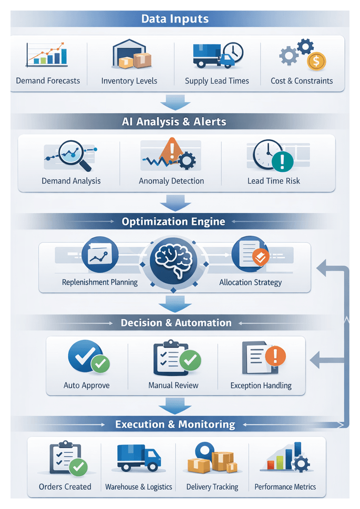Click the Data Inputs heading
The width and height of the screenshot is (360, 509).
click(x=175, y=19)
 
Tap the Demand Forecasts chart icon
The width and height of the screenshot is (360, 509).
click(x=47, y=54)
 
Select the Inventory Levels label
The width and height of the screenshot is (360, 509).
click(x=129, y=81)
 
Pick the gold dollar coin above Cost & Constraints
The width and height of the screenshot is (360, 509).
click(x=316, y=61)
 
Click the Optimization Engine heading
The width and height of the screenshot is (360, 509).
click(x=173, y=222)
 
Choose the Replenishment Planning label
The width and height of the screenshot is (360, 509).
click(x=100, y=282)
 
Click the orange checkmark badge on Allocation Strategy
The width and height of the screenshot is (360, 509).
click(x=260, y=257)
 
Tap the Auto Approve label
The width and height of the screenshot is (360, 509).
click(x=87, y=386)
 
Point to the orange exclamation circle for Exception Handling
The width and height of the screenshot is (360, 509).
click(x=275, y=356)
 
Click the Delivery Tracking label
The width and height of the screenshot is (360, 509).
click(x=212, y=487)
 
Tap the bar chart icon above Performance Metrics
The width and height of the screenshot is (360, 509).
click(x=284, y=457)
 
